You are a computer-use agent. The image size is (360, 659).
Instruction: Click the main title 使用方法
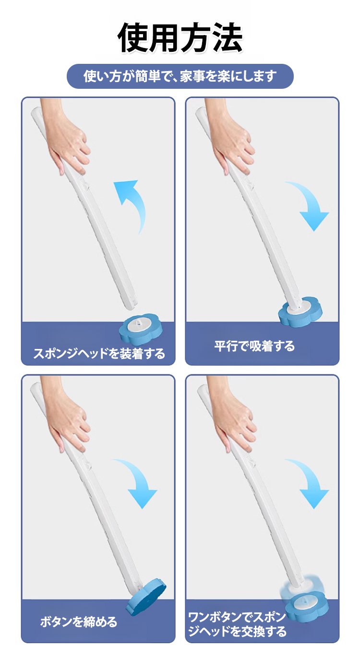point(180,37)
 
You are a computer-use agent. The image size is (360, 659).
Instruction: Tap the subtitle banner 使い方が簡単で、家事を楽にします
point(180,76)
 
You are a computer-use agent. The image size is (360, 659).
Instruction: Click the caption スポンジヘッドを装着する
point(99,353)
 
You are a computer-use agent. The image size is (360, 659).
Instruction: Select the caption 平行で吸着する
point(254,346)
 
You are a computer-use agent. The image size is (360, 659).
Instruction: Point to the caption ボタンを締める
point(79,622)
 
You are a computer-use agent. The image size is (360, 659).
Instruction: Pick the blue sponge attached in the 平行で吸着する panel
point(300,312)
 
